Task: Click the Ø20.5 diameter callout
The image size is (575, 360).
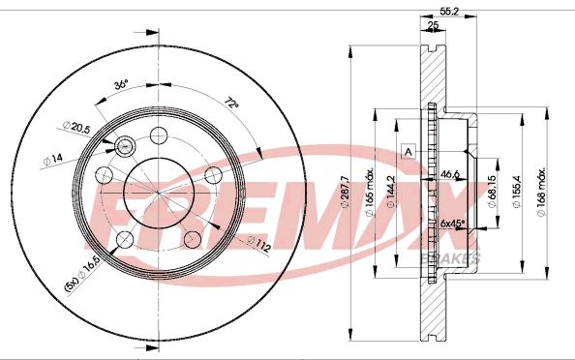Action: point(76,126)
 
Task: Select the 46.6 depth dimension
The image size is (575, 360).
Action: point(449,175)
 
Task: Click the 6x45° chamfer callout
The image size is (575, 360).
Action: point(452,224)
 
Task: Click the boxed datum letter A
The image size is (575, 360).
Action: point(408,152)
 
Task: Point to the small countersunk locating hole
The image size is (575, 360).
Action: point(124,146)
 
